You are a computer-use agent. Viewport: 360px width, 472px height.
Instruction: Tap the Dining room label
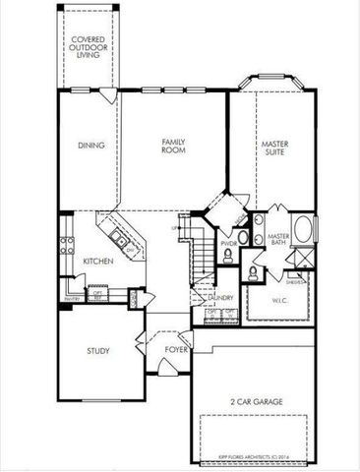tap(90, 147)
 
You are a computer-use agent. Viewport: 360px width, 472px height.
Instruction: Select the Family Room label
tap(174, 147)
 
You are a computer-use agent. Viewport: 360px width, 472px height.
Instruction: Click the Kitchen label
tap(96, 261)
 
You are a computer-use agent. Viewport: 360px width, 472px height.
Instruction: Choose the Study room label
tap(97, 350)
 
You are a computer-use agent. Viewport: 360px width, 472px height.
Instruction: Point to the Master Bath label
tap(277, 239)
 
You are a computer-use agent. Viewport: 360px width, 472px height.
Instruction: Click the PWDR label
tap(228, 242)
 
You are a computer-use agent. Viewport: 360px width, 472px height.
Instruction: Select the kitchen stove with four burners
tap(68, 247)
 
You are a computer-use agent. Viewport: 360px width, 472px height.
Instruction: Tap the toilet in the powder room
tap(228, 257)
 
